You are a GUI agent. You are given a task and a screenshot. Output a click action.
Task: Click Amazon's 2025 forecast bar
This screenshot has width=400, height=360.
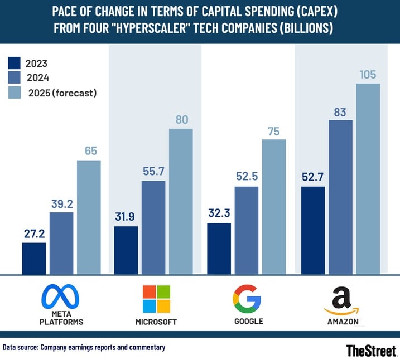tap(368, 178)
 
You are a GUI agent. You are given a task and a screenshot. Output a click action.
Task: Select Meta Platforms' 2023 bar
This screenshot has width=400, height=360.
tap(34, 258)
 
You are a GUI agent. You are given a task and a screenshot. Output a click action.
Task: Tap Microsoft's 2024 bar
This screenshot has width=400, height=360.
tap(153, 227)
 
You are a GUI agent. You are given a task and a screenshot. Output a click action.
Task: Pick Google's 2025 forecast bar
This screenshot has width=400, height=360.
tap(274, 206)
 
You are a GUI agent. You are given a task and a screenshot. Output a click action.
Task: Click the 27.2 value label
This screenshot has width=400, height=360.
tap(34, 233)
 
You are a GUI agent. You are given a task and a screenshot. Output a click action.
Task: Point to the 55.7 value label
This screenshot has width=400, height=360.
tap(153, 171)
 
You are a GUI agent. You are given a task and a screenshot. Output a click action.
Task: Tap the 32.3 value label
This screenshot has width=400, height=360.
tap(219, 213)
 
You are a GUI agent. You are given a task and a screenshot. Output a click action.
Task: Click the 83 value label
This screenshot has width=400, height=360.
tap(340, 110)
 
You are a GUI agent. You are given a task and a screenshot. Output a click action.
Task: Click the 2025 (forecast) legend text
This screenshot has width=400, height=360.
tap(62, 93)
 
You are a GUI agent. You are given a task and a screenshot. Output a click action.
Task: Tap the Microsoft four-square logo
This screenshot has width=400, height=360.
tap(156, 299)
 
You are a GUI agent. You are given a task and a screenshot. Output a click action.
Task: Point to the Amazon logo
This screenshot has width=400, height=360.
tap(341, 301)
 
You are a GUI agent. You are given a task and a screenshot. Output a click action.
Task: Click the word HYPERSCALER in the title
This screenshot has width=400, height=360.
tap(170, 28)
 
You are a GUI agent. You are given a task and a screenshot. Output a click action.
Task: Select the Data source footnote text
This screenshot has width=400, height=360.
tap(84, 347)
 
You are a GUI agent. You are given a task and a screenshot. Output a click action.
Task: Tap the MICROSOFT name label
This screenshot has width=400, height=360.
tap(156, 322)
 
